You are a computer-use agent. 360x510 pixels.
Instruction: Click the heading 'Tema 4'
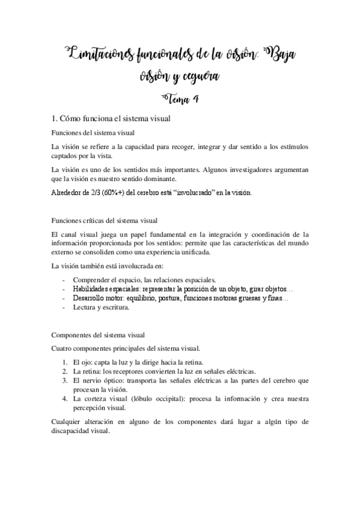coord(180,99)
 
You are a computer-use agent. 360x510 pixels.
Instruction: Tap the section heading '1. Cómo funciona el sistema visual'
coord(112,119)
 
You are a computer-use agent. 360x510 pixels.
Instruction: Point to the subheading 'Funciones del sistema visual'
coord(93,132)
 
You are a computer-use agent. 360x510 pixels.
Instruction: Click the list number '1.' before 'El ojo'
coord(65,362)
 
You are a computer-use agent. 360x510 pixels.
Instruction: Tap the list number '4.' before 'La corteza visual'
coord(65,399)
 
